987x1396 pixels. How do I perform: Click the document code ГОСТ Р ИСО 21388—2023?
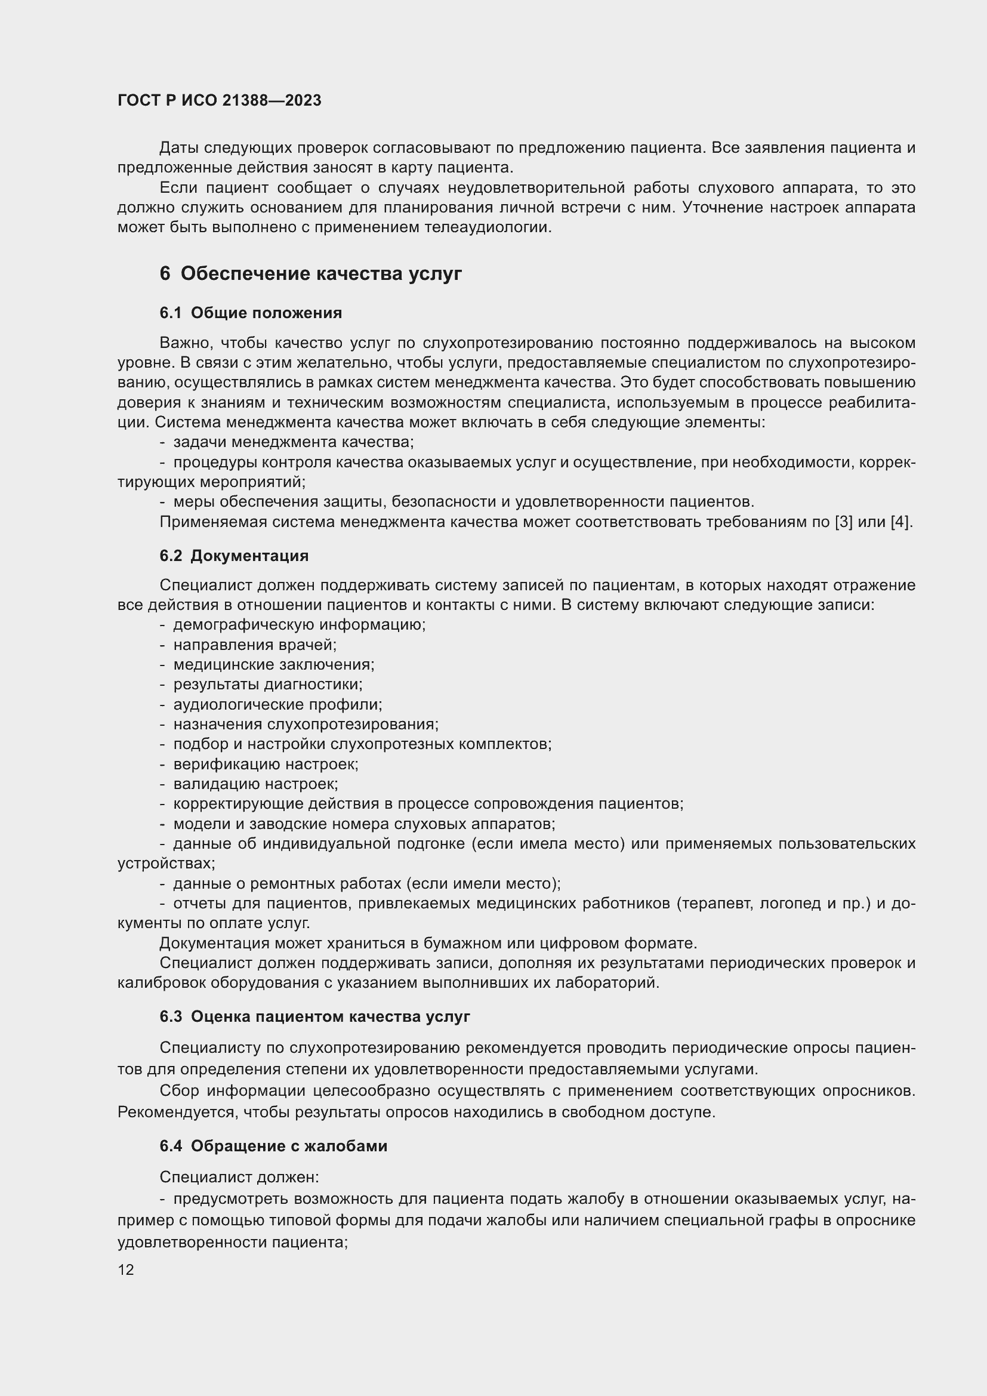(x=220, y=100)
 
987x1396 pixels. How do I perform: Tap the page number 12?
(x=126, y=1269)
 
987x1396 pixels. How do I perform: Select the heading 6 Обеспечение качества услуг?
(x=310, y=273)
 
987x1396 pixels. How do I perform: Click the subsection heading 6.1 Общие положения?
(x=251, y=313)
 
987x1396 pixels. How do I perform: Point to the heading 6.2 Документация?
(x=234, y=555)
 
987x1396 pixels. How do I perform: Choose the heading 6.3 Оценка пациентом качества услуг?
(x=315, y=1016)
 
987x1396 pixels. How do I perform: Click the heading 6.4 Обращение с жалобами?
(x=273, y=1145)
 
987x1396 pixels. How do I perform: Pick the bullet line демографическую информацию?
(x=299, y=624)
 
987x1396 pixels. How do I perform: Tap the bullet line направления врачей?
(x=255, y=645)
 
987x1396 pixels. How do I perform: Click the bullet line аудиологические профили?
(x=277, y=704)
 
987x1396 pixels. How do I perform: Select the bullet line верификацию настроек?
(x=266, y=764)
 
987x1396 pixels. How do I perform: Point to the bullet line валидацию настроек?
(x=255, y=784)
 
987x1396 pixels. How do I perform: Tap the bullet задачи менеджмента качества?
(x=293, y=442)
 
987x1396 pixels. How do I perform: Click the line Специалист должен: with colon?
(x=239, y=1176)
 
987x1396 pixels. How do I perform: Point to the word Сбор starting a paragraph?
(x=179, y=1090)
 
